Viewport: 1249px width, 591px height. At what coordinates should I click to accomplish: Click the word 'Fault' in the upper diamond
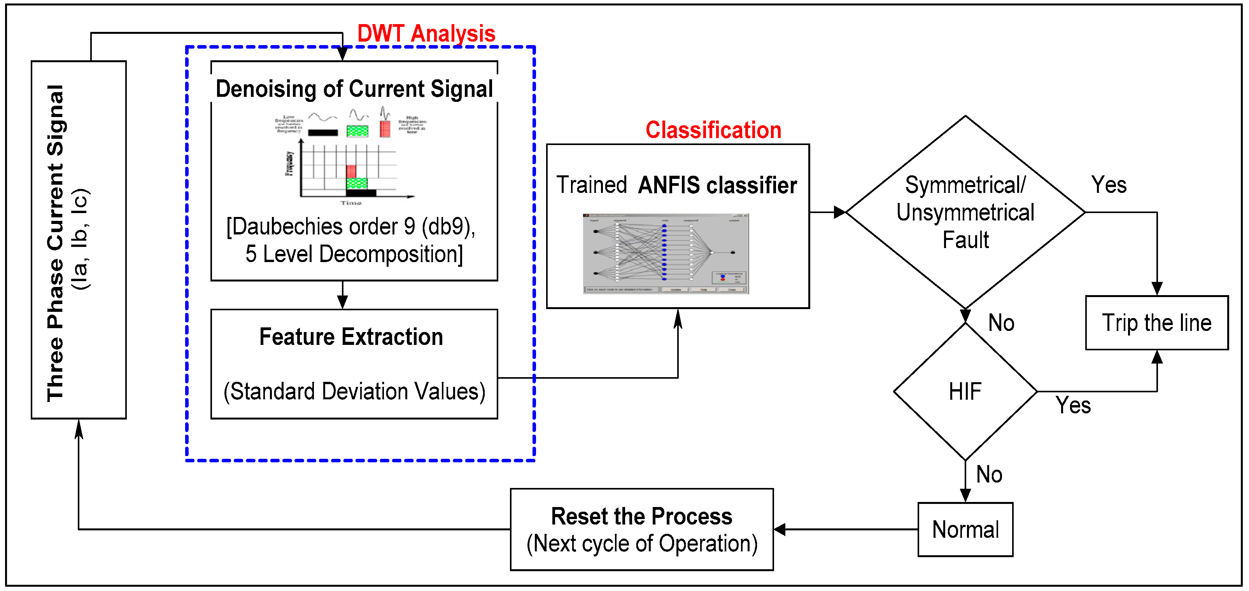pyautogui.click(x=965, y=240)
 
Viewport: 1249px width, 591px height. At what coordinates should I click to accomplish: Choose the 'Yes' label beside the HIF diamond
pyautogui.click(x=1073, y=405)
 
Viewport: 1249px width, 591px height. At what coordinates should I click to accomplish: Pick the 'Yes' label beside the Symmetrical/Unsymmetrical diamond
pyautogui.click(x=1109, y=185)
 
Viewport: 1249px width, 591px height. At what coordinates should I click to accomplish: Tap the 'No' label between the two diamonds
pyautogui.click(x=1001, y=322)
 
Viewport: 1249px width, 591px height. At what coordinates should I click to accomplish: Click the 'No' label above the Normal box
pyautogui.click(x=989, y=474)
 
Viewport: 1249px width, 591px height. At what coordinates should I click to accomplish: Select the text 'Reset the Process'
pyautogui.click(x=641, y=516)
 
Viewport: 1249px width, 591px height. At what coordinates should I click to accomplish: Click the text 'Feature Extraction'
pyautogui.click(x=351, y=336)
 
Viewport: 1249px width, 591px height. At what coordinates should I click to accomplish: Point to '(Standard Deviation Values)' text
pyautogui.click(x=354, y=391)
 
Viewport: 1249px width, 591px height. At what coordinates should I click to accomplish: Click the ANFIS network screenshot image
pyautogui.click(x=665, y=253)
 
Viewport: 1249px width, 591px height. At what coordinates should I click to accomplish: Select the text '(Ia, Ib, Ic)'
pyautogui.click(x=80, y=239)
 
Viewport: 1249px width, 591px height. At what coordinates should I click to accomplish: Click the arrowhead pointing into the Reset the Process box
pyautogui.click(x=780, y=530)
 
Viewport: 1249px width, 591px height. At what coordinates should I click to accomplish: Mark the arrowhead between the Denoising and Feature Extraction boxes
pyautogui.click(x=342, y=302)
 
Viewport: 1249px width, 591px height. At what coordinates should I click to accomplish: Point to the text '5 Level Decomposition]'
pyautogui.click(x=354, y=254)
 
